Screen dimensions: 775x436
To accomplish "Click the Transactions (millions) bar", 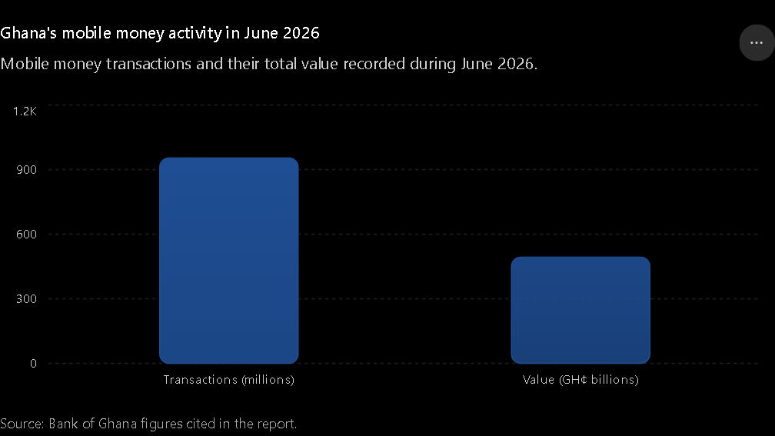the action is (x=229, y=261).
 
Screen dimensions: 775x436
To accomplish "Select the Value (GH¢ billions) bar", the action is (x=580, y=310).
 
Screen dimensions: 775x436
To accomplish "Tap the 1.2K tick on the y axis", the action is (x=25, y=111).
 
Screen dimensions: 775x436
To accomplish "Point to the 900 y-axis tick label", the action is (x=27, y=169).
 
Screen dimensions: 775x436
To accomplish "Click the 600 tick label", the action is (x=27, y=235).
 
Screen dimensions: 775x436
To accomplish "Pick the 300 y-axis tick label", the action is (x=27, y=298).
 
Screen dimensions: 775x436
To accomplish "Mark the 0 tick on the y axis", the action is (x=33, y=363).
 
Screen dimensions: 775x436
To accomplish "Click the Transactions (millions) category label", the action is (x=229, y=380).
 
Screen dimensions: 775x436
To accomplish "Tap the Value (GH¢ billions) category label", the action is (x=580, y=380).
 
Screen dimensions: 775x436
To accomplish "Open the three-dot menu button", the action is (x=757, y=43).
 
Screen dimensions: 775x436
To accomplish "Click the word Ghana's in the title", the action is (x=28, y=33).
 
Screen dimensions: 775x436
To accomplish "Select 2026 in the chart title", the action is (x=301, y=33).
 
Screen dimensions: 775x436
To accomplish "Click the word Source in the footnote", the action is (x=22, y=424).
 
